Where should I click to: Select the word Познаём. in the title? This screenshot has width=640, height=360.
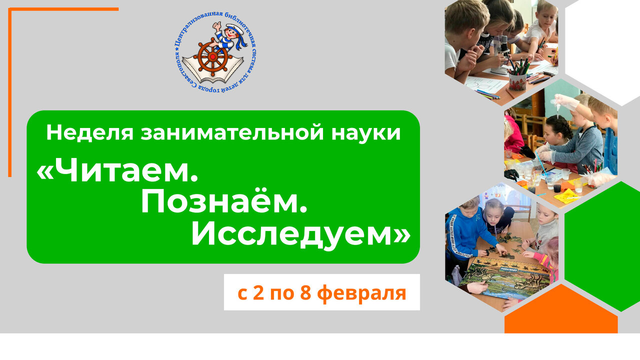223,202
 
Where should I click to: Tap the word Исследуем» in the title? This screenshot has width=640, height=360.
300,234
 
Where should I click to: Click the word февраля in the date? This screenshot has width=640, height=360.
361,292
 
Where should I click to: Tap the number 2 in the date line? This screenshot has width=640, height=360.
258,292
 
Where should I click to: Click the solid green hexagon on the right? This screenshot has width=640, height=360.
602,245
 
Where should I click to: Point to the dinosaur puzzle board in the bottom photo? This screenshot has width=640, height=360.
500,282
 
